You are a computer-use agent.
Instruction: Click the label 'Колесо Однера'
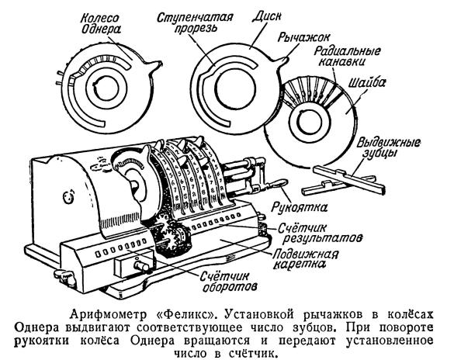[99, 24]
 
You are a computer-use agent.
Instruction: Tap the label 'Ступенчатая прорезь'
[195, 22]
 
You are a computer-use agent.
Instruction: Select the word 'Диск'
[266, 16]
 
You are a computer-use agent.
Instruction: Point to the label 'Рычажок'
[303, 37]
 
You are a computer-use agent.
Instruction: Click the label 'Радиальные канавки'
[347, 56]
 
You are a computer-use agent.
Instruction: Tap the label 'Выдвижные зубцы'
[389, 148]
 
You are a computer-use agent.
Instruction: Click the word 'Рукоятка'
[300, 207]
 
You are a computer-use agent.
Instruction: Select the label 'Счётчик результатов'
[320, 234]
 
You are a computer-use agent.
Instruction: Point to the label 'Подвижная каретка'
[305, 259]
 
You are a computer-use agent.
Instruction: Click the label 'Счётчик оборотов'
[229, 282]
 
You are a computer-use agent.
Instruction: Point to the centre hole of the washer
[309, 122]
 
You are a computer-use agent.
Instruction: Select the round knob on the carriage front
[141, 266]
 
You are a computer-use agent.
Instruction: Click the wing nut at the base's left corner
[64, 276]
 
